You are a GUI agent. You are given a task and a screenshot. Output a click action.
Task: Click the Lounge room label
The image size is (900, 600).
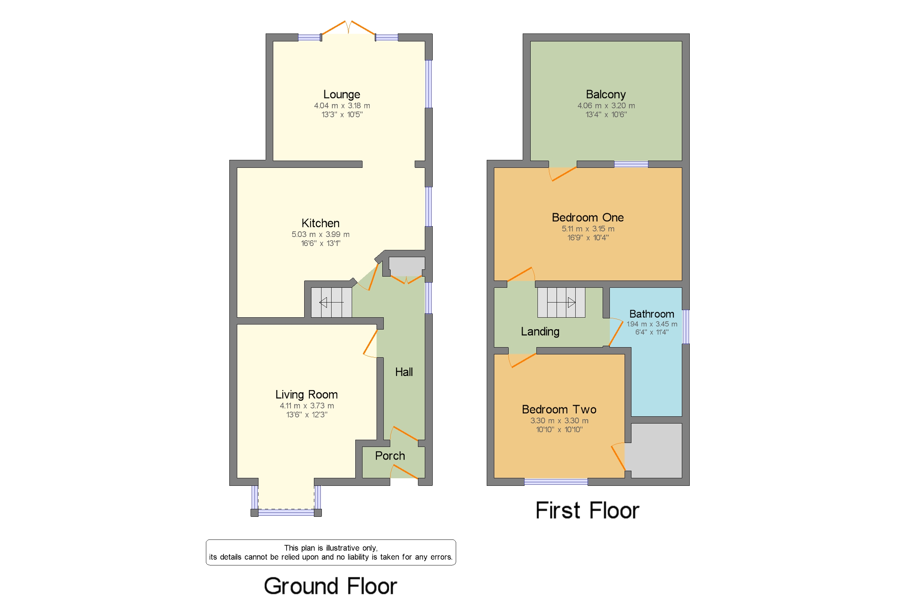[x=341, y=94]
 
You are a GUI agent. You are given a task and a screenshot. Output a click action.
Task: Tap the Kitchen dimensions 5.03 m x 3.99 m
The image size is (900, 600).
[x=320, y=234]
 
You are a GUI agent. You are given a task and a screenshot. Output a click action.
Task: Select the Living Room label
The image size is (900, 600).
[x=306, y=394]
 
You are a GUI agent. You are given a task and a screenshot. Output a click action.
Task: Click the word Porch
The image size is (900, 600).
[x=390, y=455]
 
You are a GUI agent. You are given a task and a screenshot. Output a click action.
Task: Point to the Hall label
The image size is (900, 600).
[x=404, y=372]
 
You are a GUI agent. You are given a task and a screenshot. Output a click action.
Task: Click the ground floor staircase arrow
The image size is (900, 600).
[x=331, y=302]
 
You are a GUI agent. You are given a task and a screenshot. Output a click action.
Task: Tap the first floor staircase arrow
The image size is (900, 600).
[x=561, y=302]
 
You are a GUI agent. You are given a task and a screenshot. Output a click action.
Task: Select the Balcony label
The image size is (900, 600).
[x=606, y=94]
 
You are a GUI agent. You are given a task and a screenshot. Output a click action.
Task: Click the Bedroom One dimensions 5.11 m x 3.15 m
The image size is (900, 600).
[x=588, y=228]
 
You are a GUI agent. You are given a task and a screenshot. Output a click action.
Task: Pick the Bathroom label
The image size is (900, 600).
[x=651, y=314]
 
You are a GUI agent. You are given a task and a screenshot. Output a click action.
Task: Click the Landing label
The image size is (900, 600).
[x=540, y=331]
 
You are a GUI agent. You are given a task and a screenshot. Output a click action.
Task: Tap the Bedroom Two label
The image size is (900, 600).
[x=559, y=409]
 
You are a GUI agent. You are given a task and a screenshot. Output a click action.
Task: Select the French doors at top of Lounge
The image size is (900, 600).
[x=348, y=28]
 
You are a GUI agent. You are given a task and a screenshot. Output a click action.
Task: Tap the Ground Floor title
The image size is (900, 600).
[x=330, y=586]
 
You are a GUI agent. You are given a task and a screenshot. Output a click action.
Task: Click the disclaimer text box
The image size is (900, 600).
[x=330, y=552]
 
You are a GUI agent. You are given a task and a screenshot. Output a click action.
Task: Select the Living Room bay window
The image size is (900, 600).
[x=286, y=512]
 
